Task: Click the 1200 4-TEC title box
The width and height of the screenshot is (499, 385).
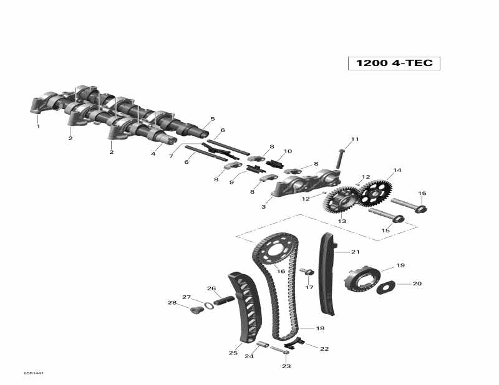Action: coord(394,63)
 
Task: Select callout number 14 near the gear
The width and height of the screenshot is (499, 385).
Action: coord(397,170)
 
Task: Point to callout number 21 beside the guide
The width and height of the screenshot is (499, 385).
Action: coord(356,252)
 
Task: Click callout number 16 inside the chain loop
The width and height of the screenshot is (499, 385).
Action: coord(281,272)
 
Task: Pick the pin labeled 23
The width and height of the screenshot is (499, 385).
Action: coord(279,350)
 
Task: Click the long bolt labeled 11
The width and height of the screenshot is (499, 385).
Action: coord(341,158)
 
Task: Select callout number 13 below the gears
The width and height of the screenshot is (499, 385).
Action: coord(342,221)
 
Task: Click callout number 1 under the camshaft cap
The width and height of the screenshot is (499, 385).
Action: coord(38,126)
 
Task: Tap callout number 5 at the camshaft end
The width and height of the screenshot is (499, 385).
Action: coord(212,118)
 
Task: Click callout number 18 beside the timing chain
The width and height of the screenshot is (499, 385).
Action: coord(320,328)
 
